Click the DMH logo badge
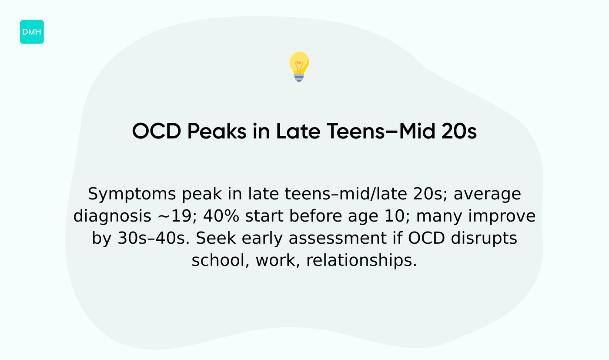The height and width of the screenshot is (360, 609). (x=32, y=32)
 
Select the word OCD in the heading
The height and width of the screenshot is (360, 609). (x=156, y=131)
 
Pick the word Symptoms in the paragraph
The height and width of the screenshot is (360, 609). (x=132, y=194)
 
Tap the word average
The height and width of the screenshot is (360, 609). (x=487, y=194)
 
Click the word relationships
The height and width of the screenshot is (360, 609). (x=361, y=261)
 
